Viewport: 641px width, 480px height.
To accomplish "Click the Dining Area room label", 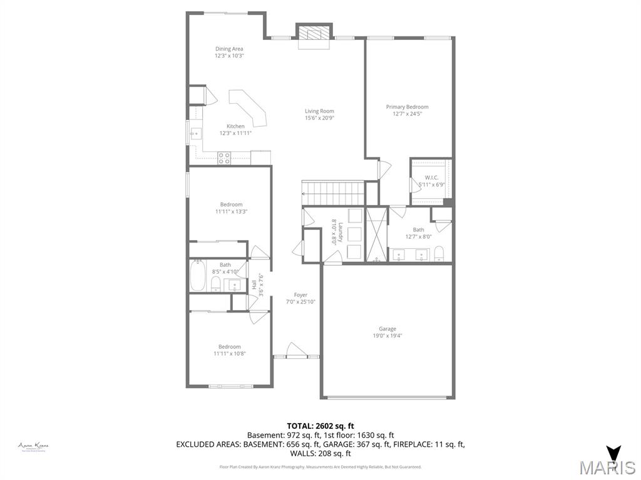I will pos(229,49).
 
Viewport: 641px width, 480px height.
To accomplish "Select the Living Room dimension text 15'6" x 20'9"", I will pos(319,118).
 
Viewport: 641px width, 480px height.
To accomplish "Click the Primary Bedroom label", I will pos(407,107).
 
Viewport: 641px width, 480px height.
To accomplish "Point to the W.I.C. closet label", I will pos(431,177).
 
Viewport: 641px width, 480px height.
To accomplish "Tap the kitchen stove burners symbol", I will pos(224,157).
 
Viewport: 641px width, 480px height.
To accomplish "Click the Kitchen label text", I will pos(235,126).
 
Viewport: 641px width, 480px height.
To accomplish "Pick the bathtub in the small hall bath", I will pos(198,276).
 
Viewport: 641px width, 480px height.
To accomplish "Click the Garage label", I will pos(387,329).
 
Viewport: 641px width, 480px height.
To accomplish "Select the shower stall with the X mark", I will pos(376,234).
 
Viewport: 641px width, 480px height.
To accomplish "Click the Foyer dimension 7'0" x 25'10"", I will pos(300,302).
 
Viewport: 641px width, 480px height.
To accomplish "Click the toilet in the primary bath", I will pos(439,253).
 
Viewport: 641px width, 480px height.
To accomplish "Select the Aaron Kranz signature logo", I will pos(33,446).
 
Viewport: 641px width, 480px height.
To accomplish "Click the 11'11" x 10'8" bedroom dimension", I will pos(229,354).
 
